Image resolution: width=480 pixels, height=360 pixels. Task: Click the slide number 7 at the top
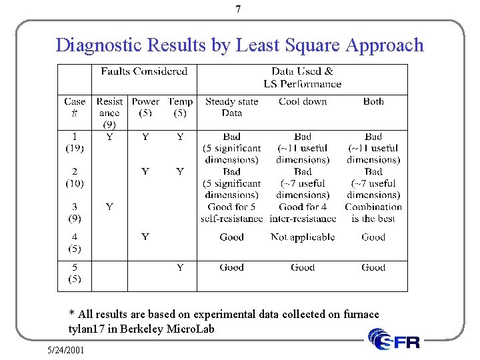tap(239, 9)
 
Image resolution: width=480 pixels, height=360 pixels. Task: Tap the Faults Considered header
tap(143, 71)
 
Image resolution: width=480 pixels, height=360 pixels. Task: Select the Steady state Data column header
tap(231, 107)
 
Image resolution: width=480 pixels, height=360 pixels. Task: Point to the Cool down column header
tap(303, 102)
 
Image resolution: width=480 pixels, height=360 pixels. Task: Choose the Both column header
tap(373, 102)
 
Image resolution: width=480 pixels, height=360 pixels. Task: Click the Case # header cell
tap(75, 107)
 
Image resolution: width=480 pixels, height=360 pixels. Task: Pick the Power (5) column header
tap(145, 107)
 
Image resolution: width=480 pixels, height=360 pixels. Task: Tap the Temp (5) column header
tap(180, 107)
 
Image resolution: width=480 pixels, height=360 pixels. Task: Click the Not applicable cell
tap(303, 237)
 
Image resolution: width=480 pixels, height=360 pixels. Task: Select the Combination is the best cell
tap(373, 213)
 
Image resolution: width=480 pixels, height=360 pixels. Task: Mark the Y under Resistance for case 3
tap(109, 207)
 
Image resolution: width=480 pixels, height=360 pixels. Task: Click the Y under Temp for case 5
tap(180, 268)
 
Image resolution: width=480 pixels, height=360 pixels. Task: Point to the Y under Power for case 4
tap(145, 237)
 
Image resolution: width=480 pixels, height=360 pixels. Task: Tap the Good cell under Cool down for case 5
tap(303, 268)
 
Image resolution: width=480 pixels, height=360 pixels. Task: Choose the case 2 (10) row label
tap(75, 177)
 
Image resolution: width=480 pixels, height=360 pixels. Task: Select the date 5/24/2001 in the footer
tap(66, 349)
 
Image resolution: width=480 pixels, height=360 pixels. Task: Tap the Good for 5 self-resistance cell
tap(231, 213)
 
